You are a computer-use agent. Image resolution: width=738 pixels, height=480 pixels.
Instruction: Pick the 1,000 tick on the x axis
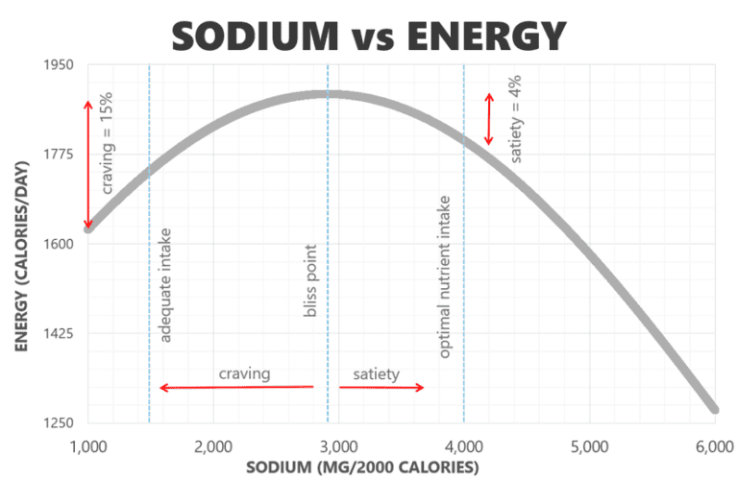click(x=87, y=446)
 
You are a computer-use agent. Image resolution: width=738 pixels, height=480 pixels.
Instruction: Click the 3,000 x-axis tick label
click(x=338, y=446)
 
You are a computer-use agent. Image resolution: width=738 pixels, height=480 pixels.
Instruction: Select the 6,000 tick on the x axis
click(x=714, y=446)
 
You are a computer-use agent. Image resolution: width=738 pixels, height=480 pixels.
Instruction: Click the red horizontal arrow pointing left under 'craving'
click(x=236, y=387)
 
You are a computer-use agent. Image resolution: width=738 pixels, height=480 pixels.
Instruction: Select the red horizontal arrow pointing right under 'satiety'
click(x=381, y=387)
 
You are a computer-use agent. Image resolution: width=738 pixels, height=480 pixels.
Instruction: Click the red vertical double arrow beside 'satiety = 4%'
click(x=488, y=119)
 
